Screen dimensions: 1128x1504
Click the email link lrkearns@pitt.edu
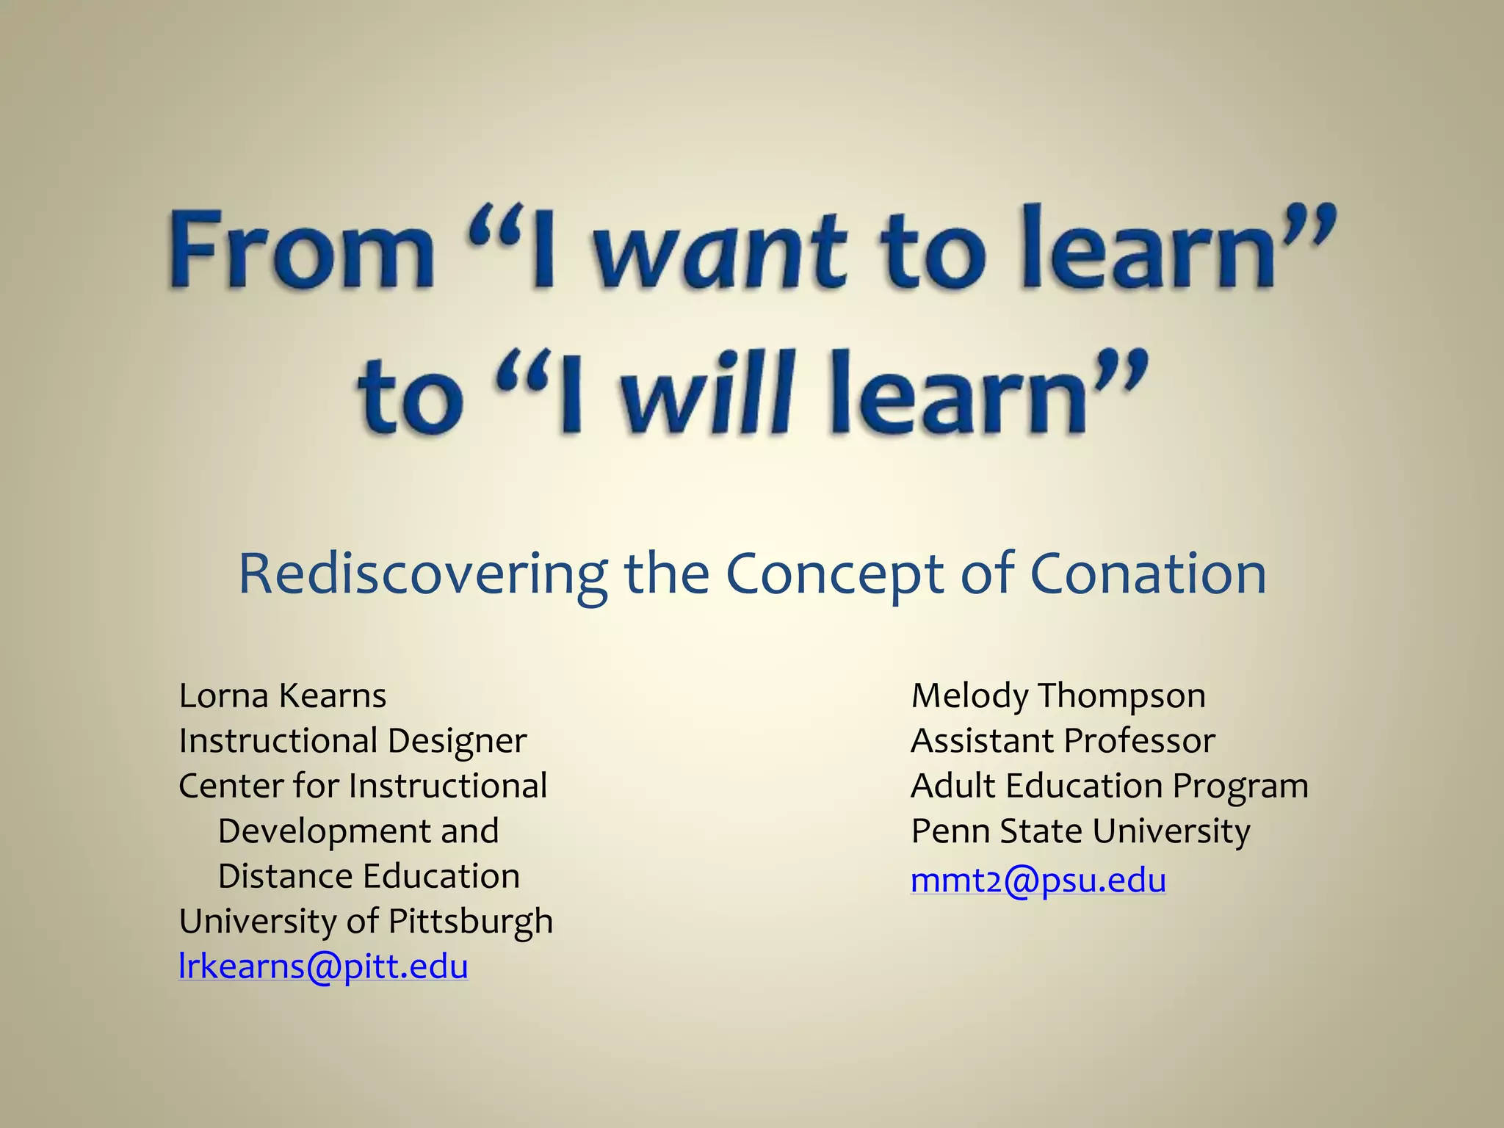[323, 966]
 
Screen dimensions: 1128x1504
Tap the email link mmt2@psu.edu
[1038, 881]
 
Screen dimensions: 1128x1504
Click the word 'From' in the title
[302, 250]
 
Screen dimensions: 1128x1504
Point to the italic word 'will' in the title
[708, 393]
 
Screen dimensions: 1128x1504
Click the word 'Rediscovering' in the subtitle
[423, 574]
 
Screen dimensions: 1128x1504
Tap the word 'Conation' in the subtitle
[1148, 574]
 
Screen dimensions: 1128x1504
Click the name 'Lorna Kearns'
[282, 695]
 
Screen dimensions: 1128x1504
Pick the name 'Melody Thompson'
[1057, 695]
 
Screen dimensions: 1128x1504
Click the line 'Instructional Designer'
[352, 740]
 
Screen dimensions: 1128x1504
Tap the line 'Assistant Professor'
[1062, 740]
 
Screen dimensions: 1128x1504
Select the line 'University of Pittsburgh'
[366, 921]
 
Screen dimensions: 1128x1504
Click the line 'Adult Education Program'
[1109, 786]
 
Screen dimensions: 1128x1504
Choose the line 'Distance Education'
[369, 876]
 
